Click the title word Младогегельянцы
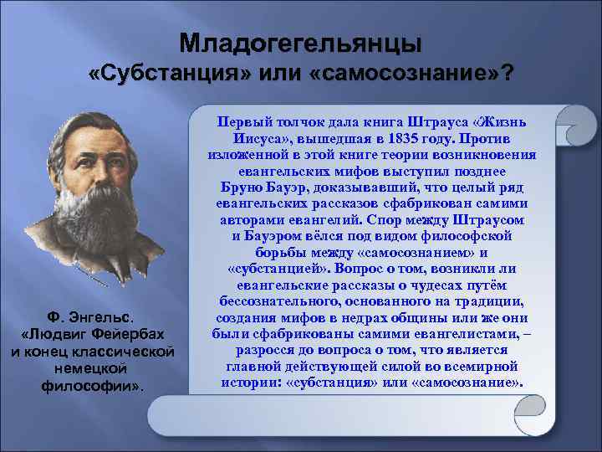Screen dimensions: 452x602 [x=301, y=42]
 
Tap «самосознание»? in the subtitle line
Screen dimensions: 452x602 [x=411, y=75]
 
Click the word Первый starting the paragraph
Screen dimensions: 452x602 [x=242, y=122]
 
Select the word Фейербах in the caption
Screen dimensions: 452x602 [x=128, y=334]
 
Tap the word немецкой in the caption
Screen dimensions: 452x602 [x=92, y=367]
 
